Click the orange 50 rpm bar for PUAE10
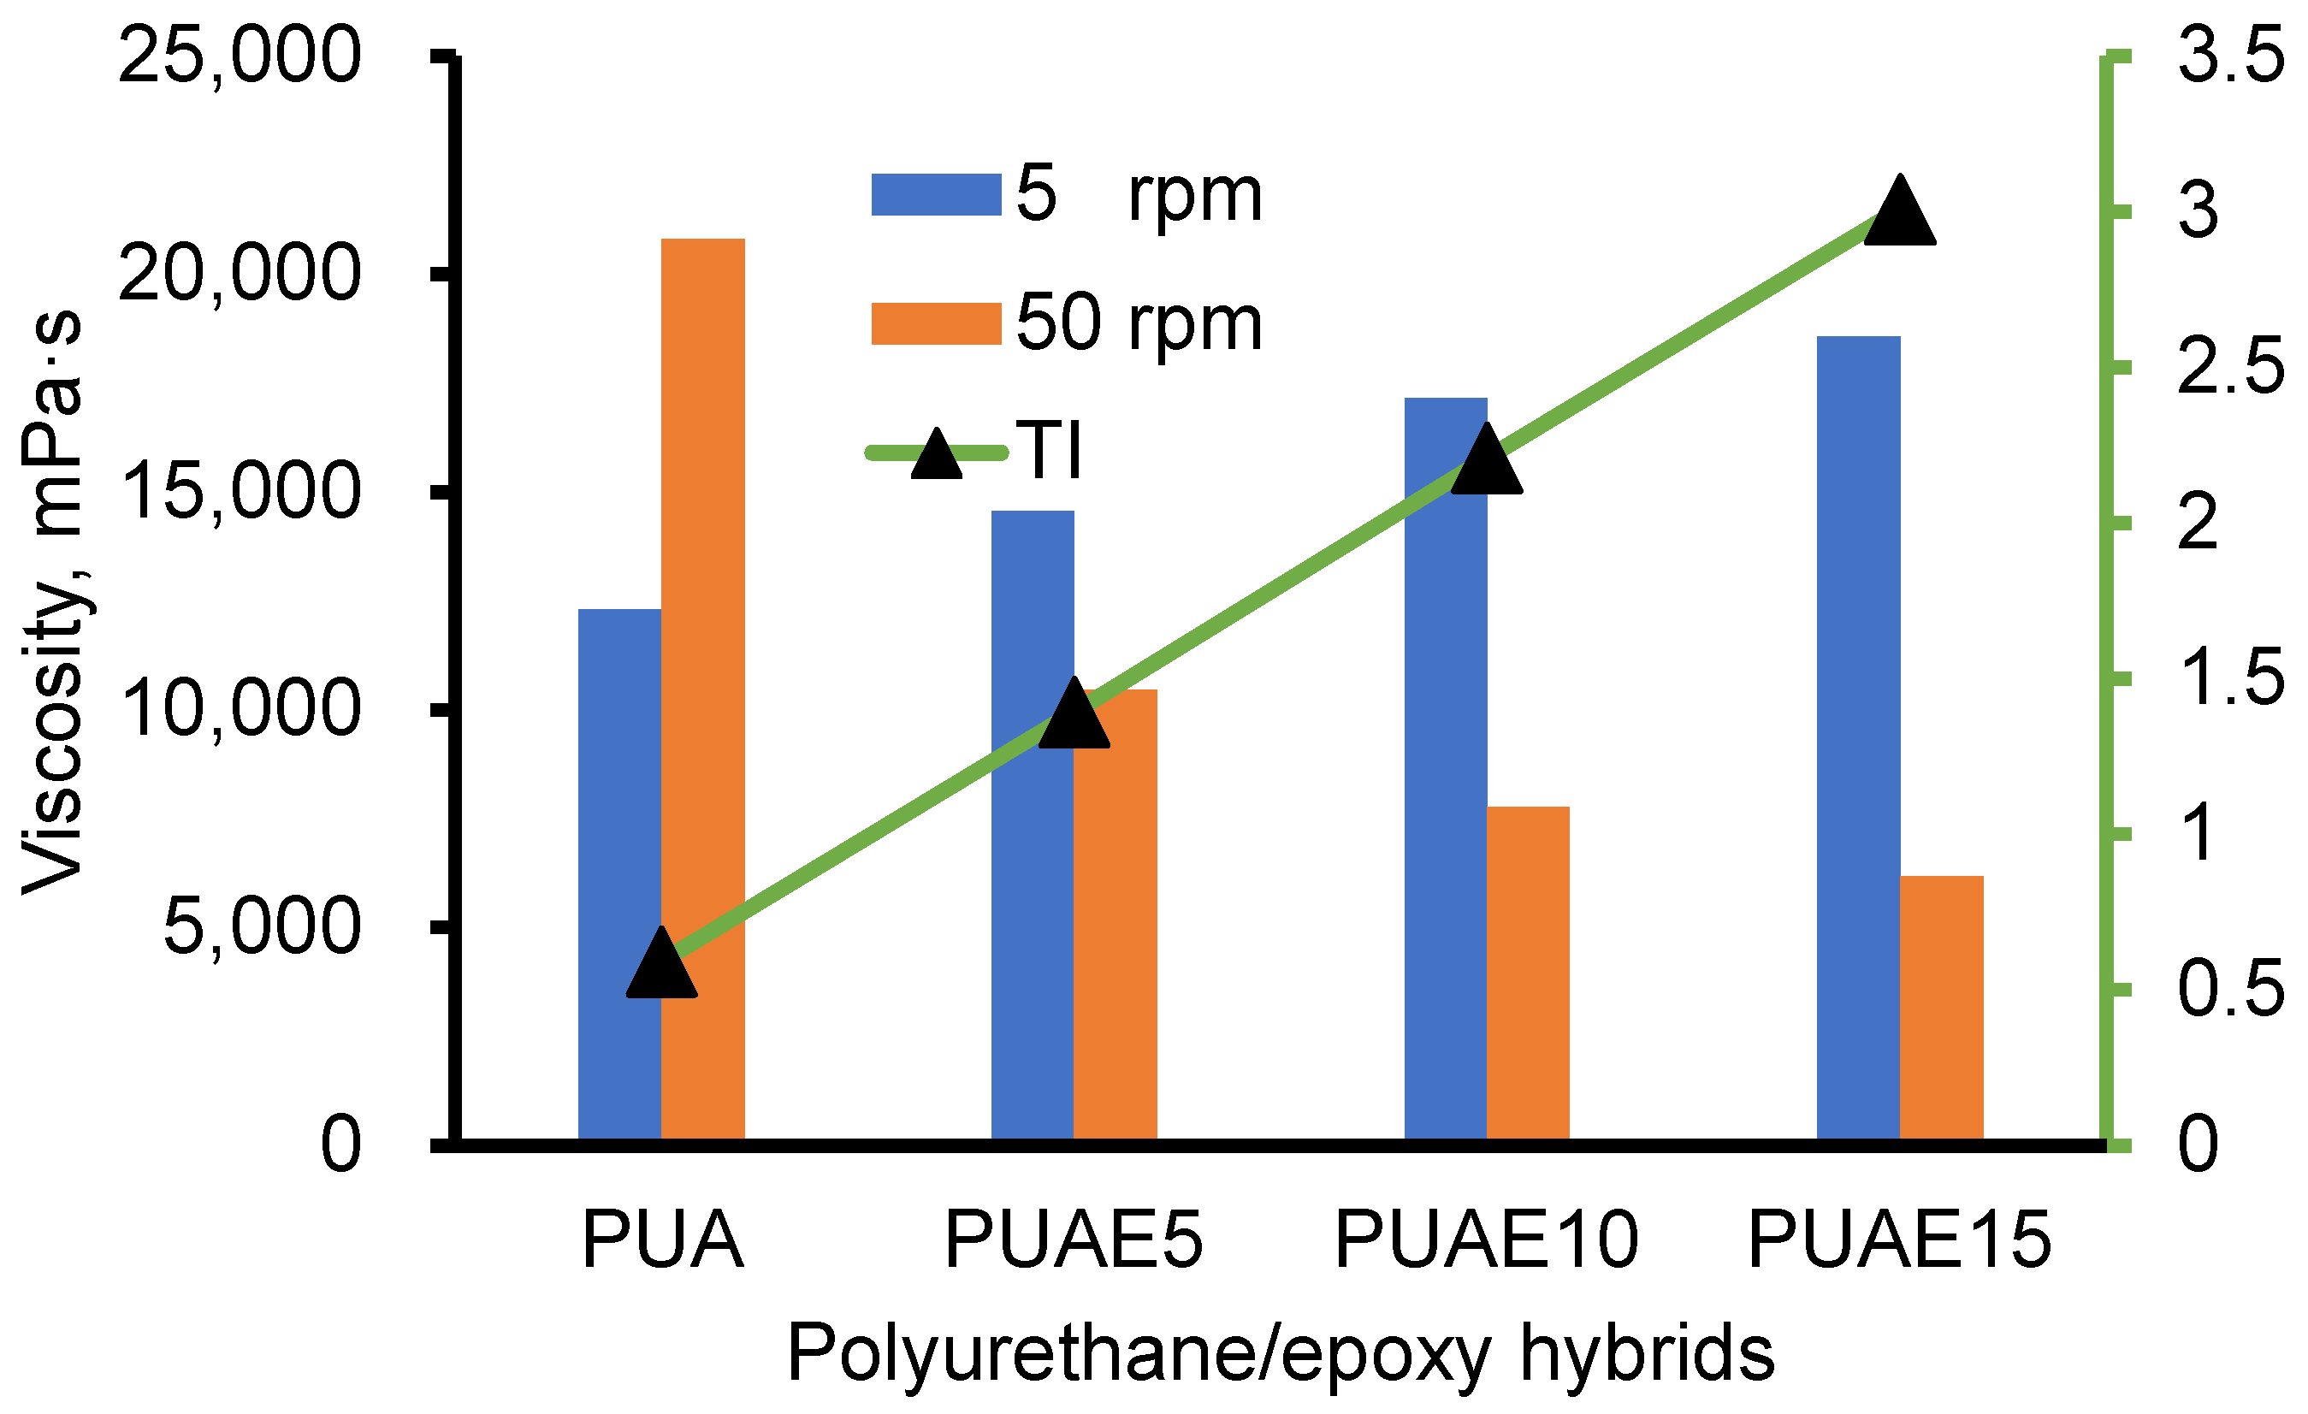click(1528, 973)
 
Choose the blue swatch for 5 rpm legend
click(936, 195)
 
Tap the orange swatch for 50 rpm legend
click(936, 324)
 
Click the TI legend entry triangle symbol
click(937, 456)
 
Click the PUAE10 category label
click(1487, 1240)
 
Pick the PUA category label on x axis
click(662, 1240)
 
